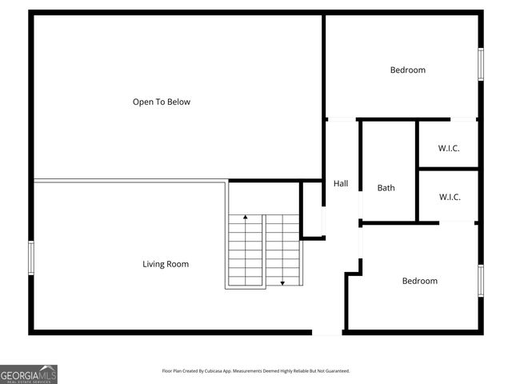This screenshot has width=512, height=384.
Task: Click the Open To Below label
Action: [162, 102]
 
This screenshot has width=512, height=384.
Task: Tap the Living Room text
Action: [166, 264]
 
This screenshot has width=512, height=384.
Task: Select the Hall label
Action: [341, 184]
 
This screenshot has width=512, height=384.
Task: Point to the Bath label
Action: [386, 188]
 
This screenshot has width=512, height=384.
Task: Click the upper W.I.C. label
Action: [449, 148]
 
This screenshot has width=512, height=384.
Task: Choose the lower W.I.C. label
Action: [449, 197]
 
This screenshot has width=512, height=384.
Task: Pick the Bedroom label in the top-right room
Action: [408, 70]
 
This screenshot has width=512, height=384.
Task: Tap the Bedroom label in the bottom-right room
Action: [420, 281]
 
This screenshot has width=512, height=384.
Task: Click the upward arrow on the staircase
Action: [246, 217]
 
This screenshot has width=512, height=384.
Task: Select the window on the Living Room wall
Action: [31, 258]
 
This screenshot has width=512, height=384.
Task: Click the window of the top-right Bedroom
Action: [481, 64]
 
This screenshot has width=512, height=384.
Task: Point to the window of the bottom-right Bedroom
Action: [481, 280]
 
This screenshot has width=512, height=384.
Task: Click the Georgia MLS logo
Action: [29, 374]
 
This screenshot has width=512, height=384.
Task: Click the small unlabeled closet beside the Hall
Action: [312, 210]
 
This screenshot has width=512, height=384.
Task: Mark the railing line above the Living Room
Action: [128, 181]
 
